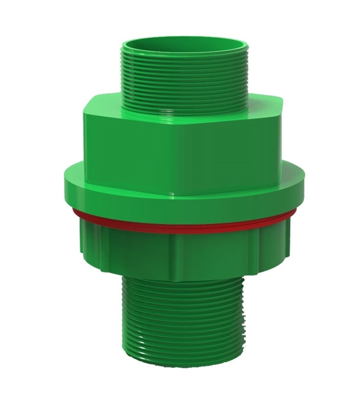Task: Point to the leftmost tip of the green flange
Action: [63, 177]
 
